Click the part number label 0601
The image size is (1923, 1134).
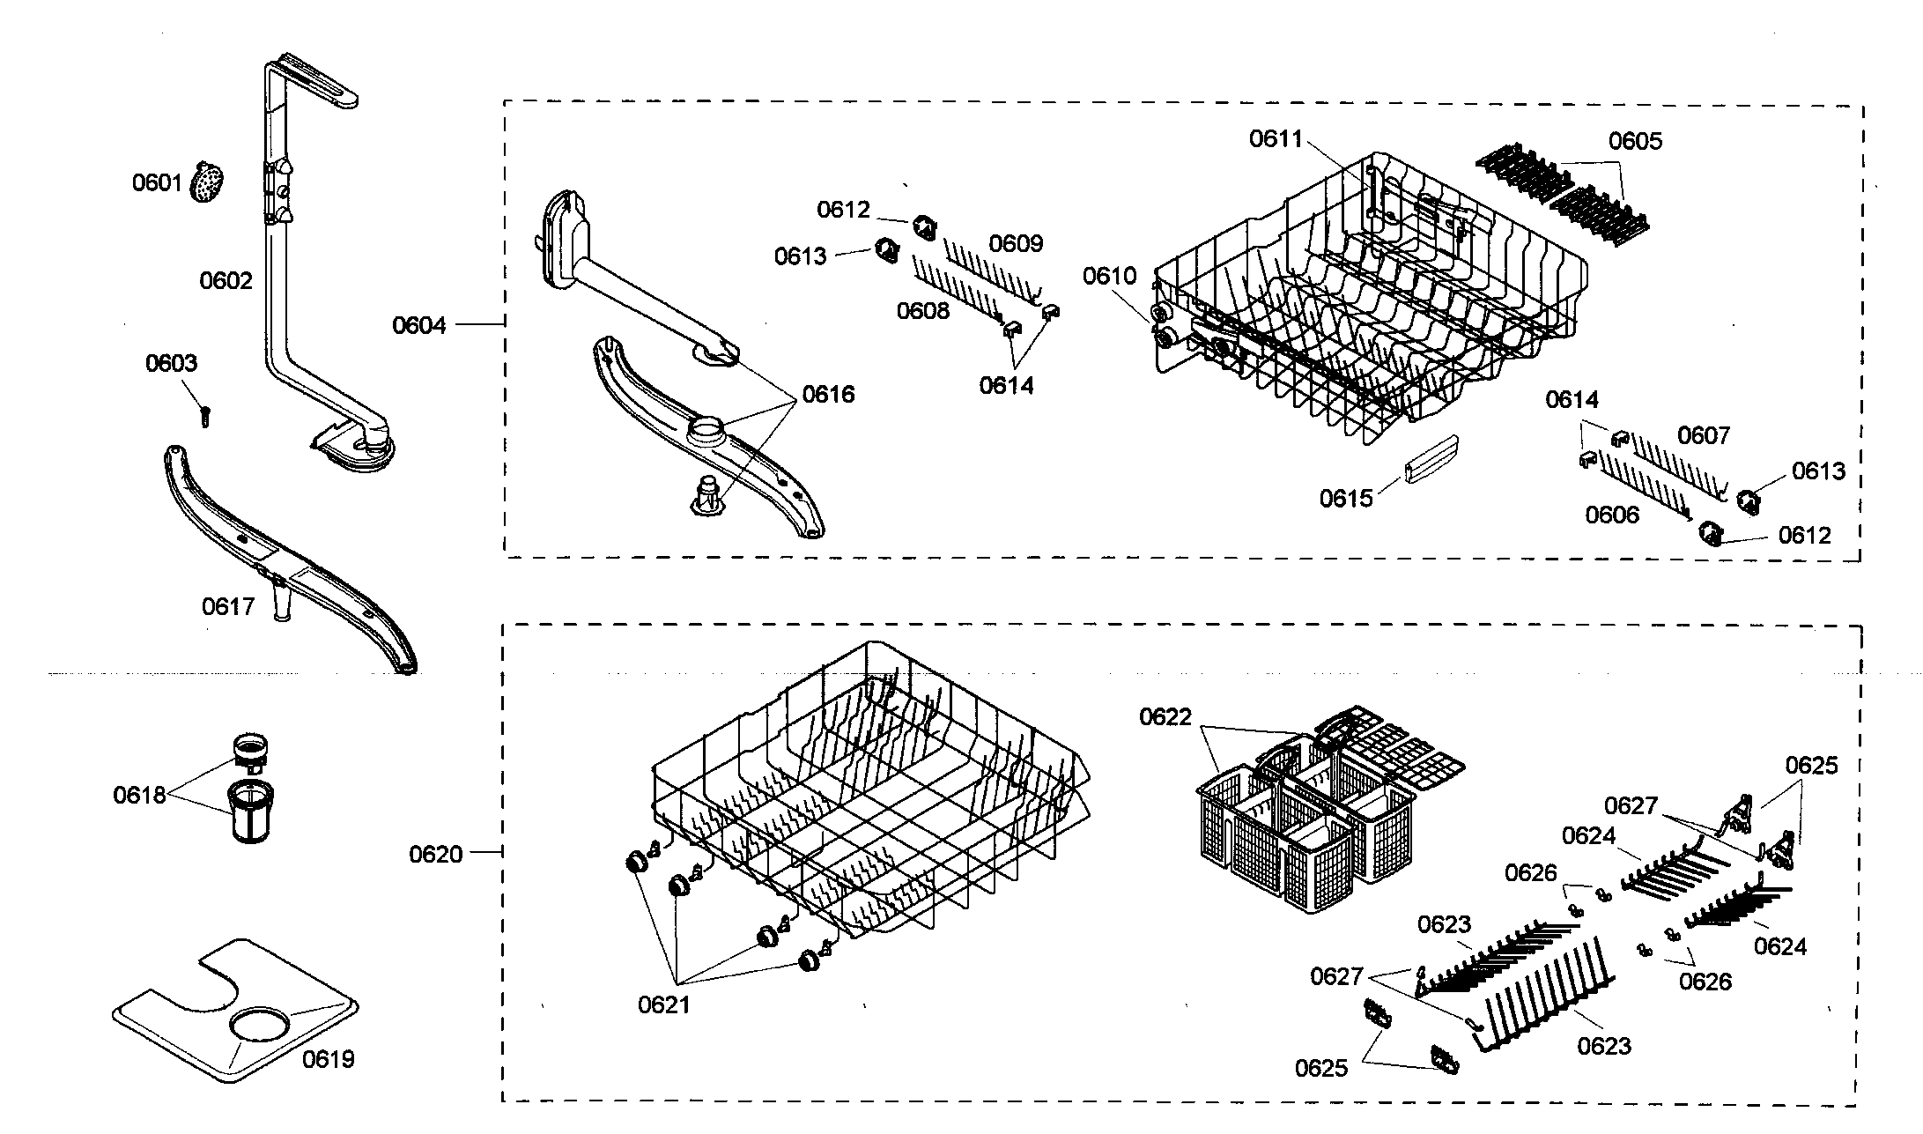pos(157,183)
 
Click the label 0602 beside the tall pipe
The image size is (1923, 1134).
pos(226,281)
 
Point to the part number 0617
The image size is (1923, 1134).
pos(228,606)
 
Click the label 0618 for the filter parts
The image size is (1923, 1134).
pos(139,796)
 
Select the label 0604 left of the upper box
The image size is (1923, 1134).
pos(418,326)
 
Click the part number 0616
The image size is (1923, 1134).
pos(828,394)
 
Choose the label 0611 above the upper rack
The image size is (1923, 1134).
pos(1276,139)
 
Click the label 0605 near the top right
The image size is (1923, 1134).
pos(1636,141)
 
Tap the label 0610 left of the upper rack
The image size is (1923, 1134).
pos(1110,277)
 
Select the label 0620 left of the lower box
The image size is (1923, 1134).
pos(436,854)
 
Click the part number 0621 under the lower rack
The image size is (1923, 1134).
pos(664,1004)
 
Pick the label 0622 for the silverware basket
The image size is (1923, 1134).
pos(1165,717)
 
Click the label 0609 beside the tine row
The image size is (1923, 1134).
pos(1016,243)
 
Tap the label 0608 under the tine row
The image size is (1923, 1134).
pos(923,310)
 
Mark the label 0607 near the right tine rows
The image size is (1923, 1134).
pos(1704,435)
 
